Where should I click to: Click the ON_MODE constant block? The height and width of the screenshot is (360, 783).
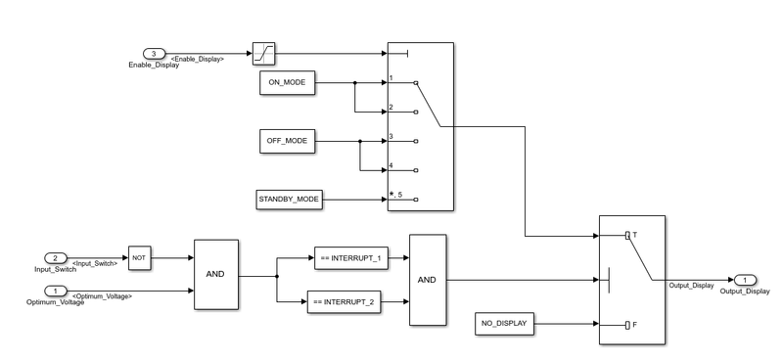pos(287,84)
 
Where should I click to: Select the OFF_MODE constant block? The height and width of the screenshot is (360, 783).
pos(287,141)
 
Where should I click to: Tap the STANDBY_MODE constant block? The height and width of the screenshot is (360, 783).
pos(289,200)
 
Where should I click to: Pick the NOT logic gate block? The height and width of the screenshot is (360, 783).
pos(138,258)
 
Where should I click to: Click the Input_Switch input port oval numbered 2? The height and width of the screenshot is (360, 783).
pos(58,258)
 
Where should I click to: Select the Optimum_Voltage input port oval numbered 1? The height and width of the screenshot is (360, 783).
pos(58,291)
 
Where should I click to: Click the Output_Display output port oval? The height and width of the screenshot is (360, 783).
pos(744,280)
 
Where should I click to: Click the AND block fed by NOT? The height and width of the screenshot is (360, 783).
pos(215,275)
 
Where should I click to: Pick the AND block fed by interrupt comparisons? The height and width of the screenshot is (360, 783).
pos(427,279)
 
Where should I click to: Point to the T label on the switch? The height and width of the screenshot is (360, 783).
pos(635,236)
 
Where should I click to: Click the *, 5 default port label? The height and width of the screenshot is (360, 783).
pos(394,196)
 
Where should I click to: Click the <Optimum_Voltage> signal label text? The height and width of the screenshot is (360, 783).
pos(102,295)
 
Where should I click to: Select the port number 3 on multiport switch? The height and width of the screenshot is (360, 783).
pos(391,136)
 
